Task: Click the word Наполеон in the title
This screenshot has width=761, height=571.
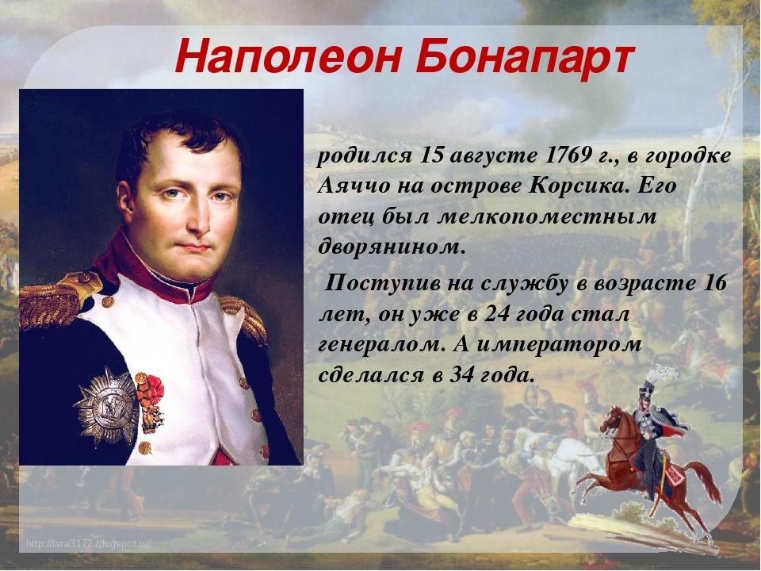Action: (x=289, y=57)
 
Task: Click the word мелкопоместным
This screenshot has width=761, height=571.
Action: (x=547, y=217)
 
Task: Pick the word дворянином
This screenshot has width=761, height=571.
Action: (x=391, y=247)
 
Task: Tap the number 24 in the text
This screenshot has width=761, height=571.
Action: (x=493, y=315)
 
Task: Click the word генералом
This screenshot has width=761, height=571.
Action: (x=382, y=345)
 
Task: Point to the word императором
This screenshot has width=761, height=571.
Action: (x=559, y=345)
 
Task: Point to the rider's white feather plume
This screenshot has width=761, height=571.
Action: (x=663, y=373)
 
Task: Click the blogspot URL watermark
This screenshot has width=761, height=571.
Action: (x=89, y=543)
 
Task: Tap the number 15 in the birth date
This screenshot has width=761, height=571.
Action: (x=433, y=155)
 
